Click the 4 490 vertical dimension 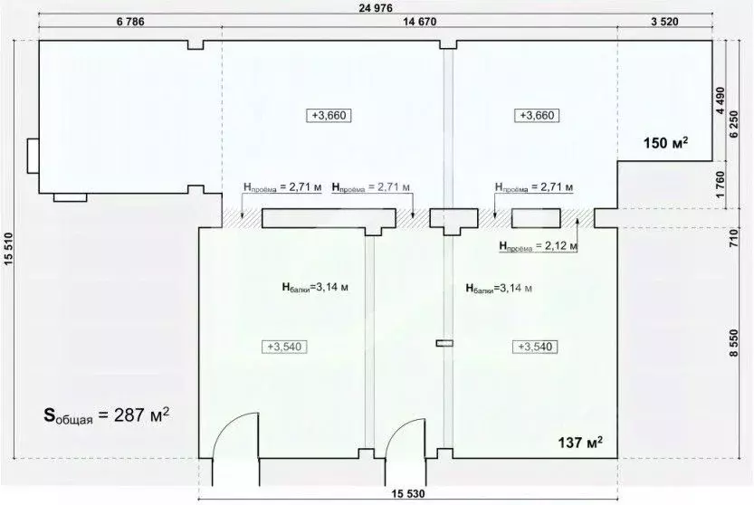point(721,100)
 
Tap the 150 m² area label point(666,142)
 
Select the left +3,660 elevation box point(329,115)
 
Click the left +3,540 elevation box point(284,347)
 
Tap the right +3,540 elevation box point(533,347)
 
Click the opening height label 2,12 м point(539,244)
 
